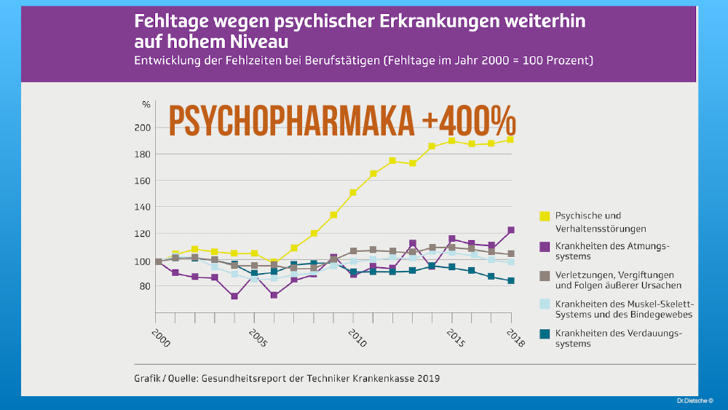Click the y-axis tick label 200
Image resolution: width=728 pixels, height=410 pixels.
point(142,127)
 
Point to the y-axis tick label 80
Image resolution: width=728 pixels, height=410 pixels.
point(144,286)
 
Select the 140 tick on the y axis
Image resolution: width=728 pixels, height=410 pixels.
point(142,207)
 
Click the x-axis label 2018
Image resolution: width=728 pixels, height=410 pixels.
point(515,339)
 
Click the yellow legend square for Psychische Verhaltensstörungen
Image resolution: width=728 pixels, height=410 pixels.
point(544,216)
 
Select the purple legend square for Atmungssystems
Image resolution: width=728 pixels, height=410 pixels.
point(544,247)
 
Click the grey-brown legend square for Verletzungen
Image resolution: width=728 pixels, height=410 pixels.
point(544,275)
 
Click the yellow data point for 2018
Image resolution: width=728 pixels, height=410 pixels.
point(510,140)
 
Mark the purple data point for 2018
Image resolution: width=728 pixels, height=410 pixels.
point(510,230)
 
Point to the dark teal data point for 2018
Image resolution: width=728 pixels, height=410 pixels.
point(510,280)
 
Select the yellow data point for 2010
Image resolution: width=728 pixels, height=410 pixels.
point(353,192)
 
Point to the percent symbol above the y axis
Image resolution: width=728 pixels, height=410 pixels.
point(146,105)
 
